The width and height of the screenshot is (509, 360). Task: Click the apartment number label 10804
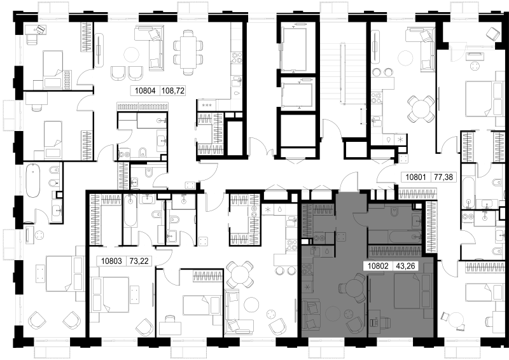tap(146, 91)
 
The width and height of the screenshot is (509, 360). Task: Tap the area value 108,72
tap(172, 91)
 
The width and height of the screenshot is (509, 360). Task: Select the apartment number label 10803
tap(111, 261)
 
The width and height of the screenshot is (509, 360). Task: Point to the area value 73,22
tap(139, 261)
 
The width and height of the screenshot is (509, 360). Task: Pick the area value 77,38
tap(443, 177)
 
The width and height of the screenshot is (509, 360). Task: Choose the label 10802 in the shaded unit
tap(378, 267)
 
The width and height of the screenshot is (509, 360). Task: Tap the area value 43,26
tap(405, 267)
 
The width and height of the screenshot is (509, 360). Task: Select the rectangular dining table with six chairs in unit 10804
tap(188, 52)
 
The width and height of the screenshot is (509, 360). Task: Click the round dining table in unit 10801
tap(421, 109)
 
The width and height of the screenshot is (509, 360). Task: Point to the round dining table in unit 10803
tap(240, 274)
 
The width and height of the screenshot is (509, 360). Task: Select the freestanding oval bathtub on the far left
tap(33, 180)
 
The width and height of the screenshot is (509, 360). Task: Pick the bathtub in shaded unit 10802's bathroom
tap(404, 237)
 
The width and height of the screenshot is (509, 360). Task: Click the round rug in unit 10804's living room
tap(132, 54)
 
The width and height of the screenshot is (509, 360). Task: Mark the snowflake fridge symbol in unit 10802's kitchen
tap(307, 287)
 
